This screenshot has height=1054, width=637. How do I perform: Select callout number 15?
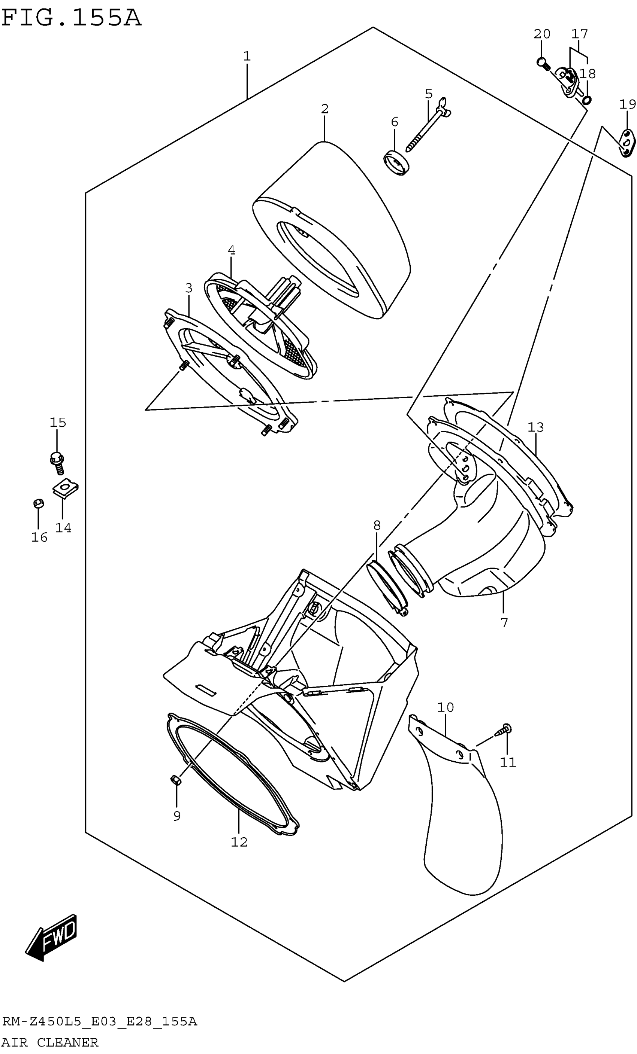point(58,423)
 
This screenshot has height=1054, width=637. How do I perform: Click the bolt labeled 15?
point(58,463)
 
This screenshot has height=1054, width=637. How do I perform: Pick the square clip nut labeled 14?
point(66,488)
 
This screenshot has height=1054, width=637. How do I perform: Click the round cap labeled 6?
point(396,163)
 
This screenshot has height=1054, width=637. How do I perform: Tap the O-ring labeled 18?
point(587,100)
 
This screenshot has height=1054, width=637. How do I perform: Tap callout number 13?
point(535,427)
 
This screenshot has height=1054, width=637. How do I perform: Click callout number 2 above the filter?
point(324,109)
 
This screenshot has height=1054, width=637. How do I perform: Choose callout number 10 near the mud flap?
point(445,707)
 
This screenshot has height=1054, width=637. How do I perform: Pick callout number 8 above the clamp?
point(377,525)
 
